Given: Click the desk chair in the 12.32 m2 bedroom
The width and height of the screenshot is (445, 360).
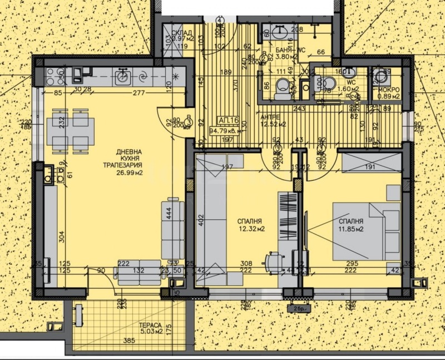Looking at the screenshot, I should [274, 260].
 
